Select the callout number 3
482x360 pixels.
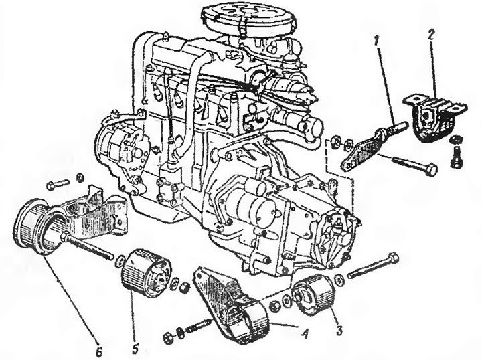point(339,330)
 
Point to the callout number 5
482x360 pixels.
point(135,348)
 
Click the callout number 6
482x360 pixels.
point(98,351)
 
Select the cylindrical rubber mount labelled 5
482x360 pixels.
point(145,273)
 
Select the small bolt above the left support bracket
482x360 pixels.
point(58,184)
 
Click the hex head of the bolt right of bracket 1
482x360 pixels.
point(432,169)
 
